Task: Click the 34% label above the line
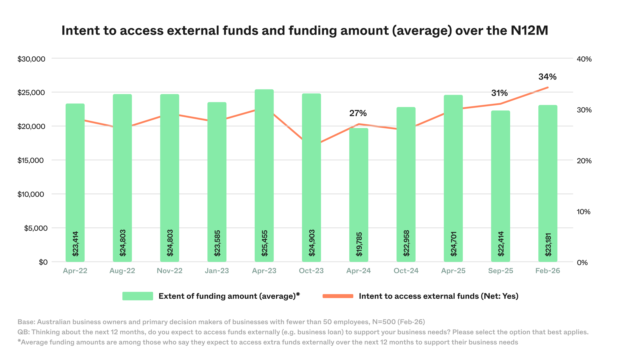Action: pyautogui.click(x=547, y=77)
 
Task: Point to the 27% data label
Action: pyautogui.click(x=358, y=113)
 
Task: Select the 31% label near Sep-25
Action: pyautogui.click(x=499, y=93)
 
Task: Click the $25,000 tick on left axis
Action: pyautogui.click(x=31, y=93)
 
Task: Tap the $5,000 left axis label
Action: pyautogui.click(x=36, y=228)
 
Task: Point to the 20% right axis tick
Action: pyautogui.click(x=584, y=161)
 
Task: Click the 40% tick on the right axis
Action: pyautogui.click(x=584, y=59)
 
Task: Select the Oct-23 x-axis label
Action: pyautogui.click(x=311, y=271)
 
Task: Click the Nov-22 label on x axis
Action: pyautogui.click(x=170, y=271)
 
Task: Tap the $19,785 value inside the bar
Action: pyautogui.click(x=359, y=244)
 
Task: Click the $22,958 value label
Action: pyautogui.click(x=406, y=243)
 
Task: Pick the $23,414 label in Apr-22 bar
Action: pyautogui.click(x=75, y=244)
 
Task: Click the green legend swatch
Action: pyautogui.click(x=138, y=296)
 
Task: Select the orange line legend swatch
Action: pyautogui.click(x=338, y=296)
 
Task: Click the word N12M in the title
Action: pyautogui.click(x=529, y=30)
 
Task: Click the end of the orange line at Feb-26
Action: pyautogui.click(x=548, y=87)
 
